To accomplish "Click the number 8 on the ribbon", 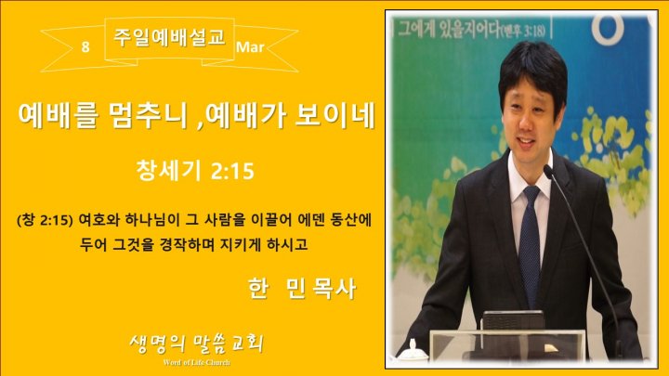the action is pos(85,46).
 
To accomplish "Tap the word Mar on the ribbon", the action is pos(250,46).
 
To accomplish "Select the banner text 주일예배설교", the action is pos(169,37).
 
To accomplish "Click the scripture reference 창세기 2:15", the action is pos(195,171).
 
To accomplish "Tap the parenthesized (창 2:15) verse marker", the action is pos(46,221).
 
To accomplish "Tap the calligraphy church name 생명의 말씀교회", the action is pos(196,344).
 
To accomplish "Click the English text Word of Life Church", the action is pos(197,363).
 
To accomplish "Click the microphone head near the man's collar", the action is pos(548,172).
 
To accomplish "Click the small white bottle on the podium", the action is pos(413,351).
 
